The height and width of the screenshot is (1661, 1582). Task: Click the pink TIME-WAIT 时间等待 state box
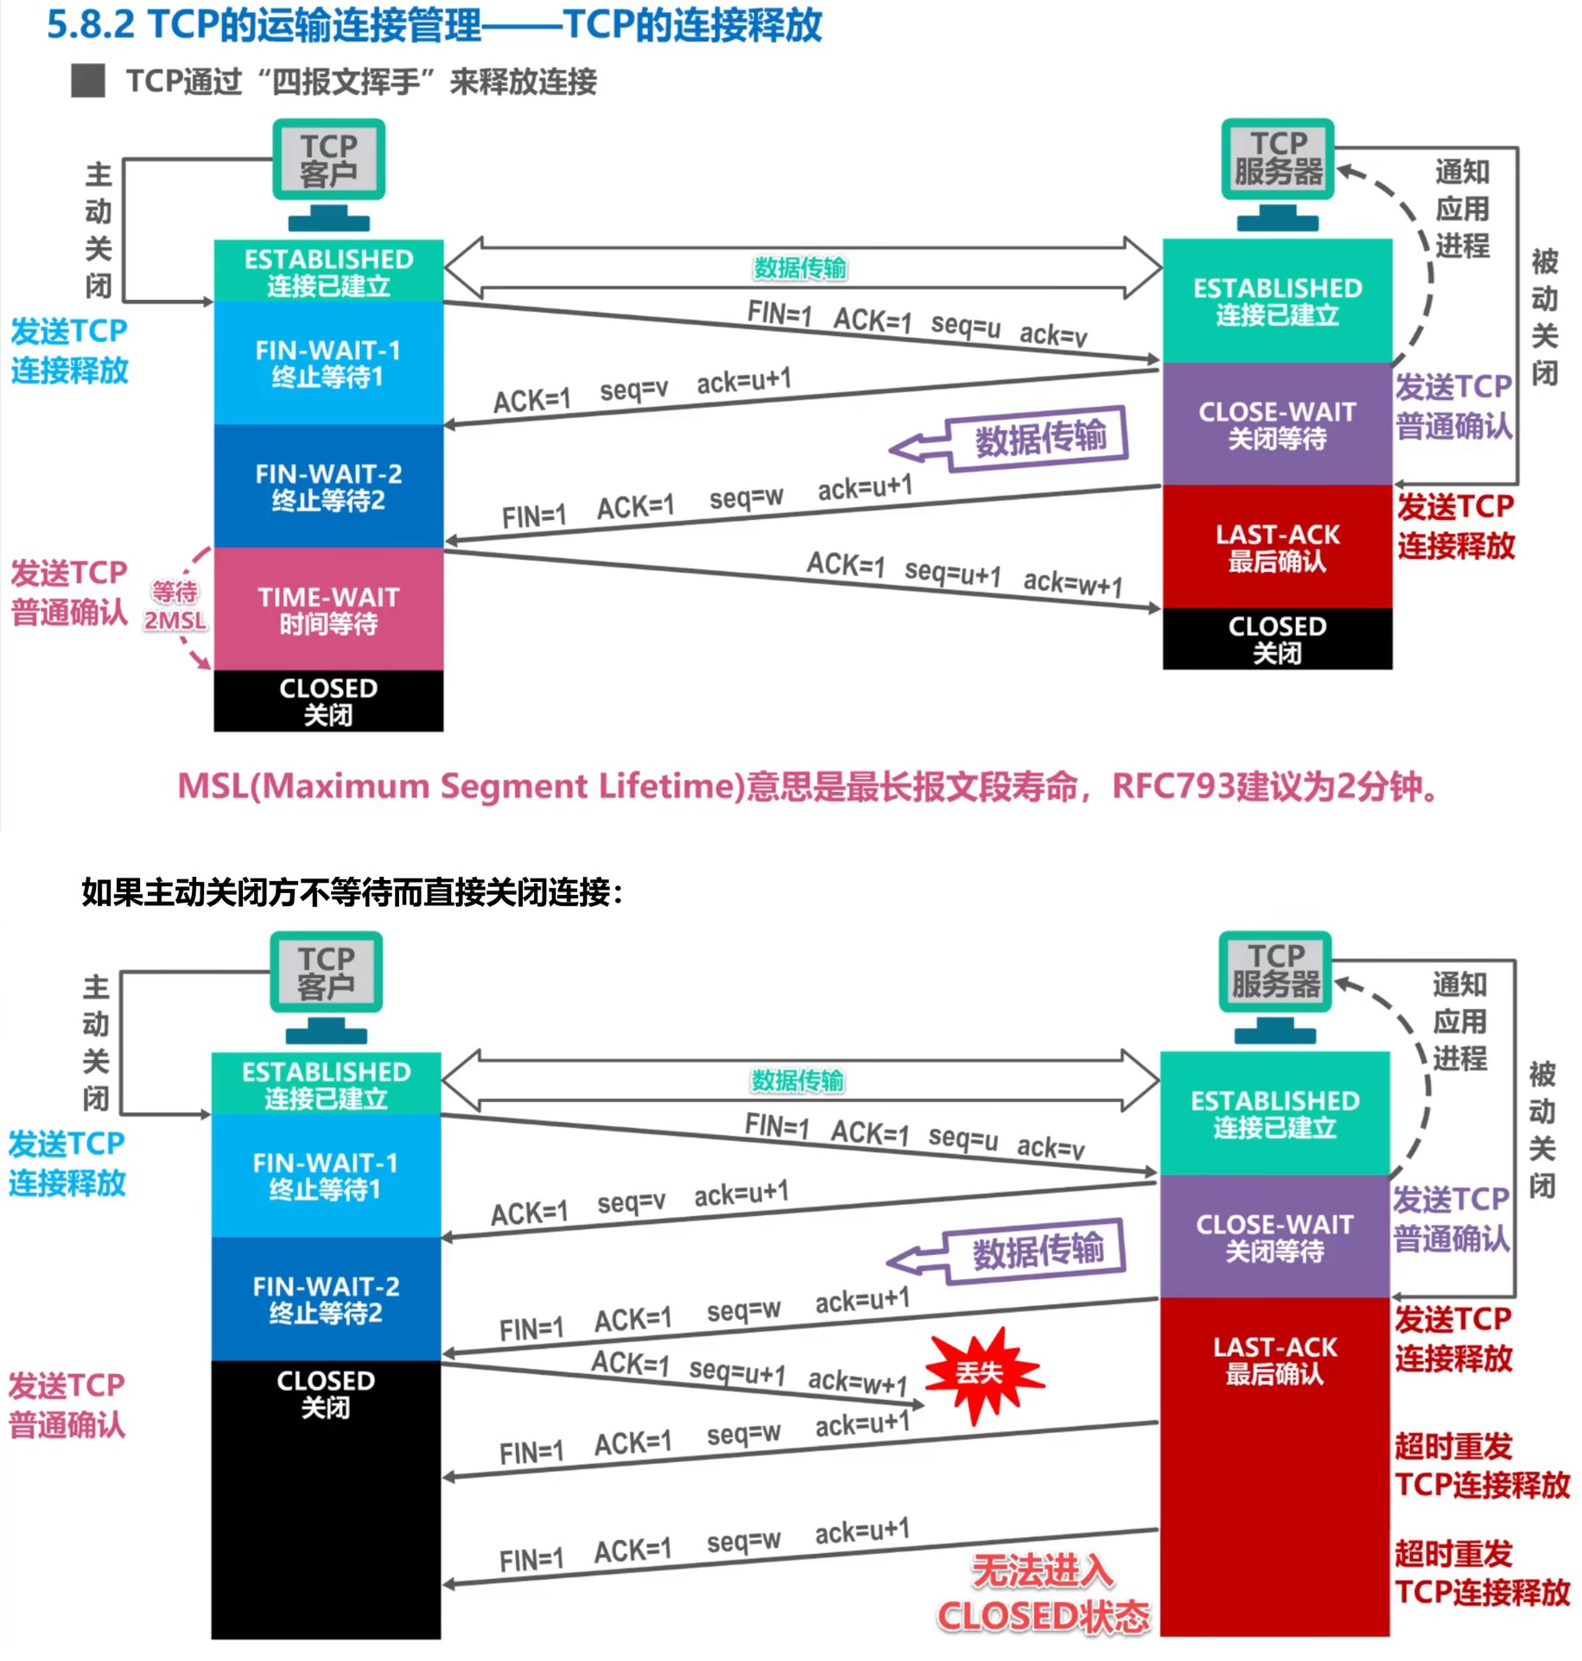coord(328,609)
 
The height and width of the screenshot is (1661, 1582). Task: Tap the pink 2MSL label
coord(175,620)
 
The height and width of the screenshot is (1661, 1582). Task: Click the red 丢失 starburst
coord(981,1373)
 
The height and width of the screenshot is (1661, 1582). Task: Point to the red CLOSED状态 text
coord(1044,1617)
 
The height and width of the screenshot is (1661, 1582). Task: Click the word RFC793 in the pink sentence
coord(1172,786)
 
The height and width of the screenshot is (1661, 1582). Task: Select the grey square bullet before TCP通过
coord(88,81)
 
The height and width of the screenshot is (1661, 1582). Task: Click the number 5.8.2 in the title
coord(90,24)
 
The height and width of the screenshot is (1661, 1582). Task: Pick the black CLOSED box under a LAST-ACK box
coord(1277,638)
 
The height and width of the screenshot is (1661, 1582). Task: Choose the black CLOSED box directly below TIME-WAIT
coord(328,701)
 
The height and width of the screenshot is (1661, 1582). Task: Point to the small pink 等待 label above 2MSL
coord(175,592)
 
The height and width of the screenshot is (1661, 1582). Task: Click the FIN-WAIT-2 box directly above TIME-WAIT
coord(328,486)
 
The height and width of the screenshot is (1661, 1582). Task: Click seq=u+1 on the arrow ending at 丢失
coord(737,1372)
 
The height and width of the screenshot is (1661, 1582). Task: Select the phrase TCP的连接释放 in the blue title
coord(692,24)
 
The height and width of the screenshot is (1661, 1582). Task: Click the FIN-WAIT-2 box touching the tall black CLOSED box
coord(326,1299)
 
